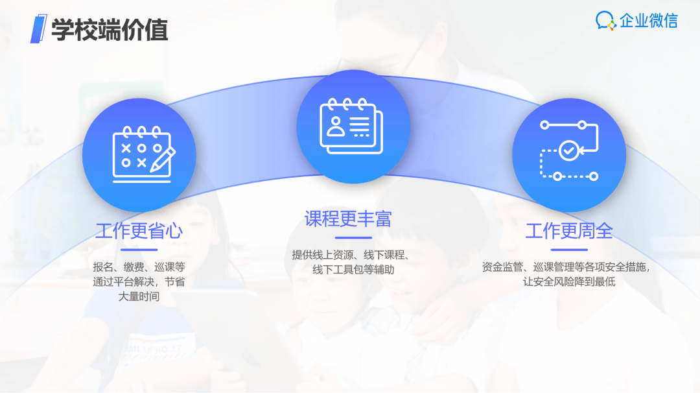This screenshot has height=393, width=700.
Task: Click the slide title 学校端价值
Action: coord(110,30)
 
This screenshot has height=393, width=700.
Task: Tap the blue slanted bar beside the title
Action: coord(38,29)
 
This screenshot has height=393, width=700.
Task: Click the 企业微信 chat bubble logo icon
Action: coord(606,21)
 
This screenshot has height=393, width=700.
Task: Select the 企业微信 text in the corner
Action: coord(649,21)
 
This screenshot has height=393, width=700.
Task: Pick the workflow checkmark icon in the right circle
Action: coord(569,150)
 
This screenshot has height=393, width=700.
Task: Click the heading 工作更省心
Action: coord(139,231)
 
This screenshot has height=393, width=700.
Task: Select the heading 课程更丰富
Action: coord(348,219)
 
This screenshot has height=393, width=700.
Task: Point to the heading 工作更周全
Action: coord(569,231)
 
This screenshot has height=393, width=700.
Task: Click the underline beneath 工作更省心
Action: coord(139,250)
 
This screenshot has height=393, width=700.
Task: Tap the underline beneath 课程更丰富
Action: coord(353,237)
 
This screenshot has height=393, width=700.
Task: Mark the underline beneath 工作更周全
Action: coord(569,250)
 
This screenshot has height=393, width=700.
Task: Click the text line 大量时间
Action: coord(139,296)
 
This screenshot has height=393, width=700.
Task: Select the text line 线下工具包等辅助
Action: coord(353,270)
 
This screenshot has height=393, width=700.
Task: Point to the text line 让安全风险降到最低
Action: coord(569,282)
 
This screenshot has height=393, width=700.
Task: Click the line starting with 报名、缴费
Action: coord(139,267)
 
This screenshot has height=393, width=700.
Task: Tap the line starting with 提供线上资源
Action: coord(351,255)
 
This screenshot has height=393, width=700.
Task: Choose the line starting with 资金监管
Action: coord(566,267)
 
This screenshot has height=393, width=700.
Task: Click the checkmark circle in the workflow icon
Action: coord(569,150)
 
